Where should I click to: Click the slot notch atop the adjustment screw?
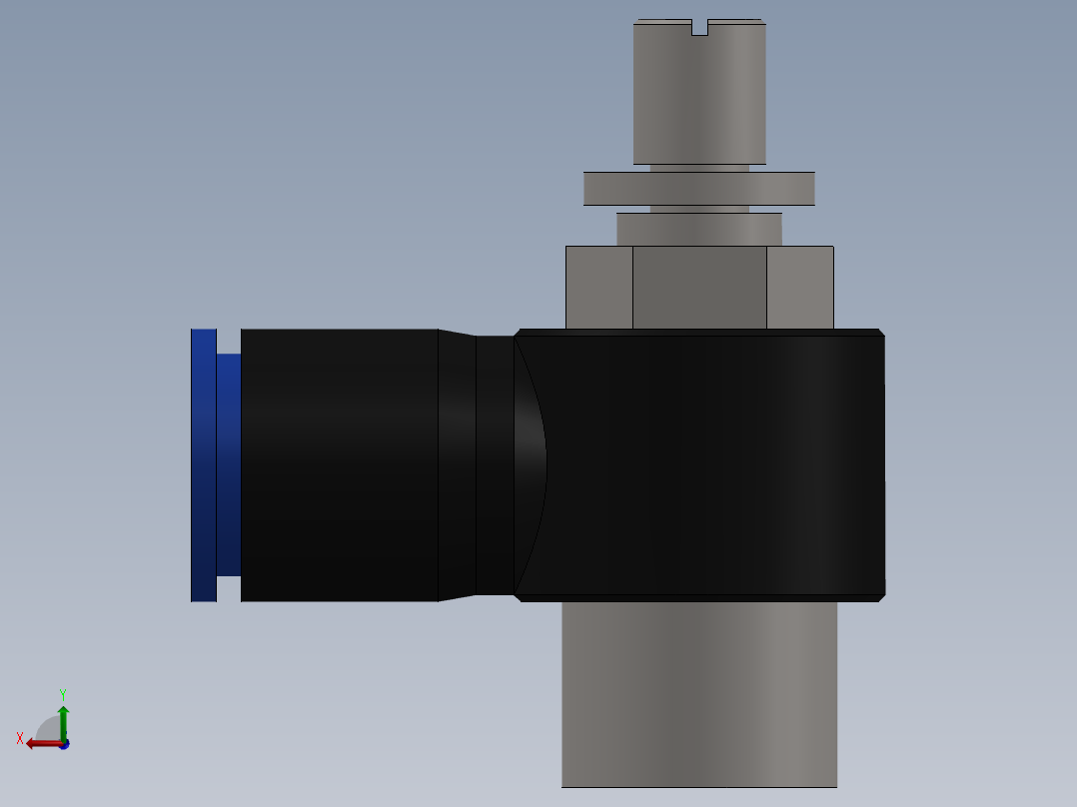(699, 27)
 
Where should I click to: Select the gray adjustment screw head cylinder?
(699, 95)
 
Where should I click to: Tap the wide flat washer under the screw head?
(699, 189)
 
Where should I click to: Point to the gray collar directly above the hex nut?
(699, 229)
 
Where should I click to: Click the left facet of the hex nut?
(599, 287)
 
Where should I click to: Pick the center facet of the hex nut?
(699, 287)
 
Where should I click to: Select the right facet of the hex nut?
(799, 287)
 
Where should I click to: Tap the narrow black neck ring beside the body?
(495, 464)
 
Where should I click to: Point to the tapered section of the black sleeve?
(457, 464)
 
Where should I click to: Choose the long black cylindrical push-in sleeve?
(340, 464)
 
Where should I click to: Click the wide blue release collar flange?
(204, 464)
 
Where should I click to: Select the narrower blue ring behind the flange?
(229, 464)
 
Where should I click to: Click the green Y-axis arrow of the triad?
(63, 719)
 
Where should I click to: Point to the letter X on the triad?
(20, 738)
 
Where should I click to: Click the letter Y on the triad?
(62, 693)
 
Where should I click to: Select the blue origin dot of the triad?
(64, 745)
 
